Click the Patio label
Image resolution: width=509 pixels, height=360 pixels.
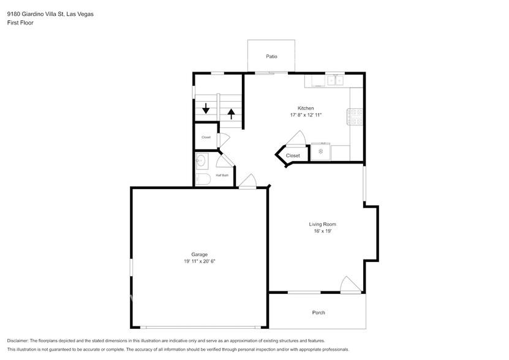pos(271,56)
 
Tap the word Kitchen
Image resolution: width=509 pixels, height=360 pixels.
pos(306,108)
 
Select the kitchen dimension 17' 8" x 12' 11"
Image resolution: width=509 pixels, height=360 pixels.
pos(306,115)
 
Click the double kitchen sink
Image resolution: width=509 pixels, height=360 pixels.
pos(335,80)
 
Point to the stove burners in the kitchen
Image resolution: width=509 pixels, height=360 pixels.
pos(356,116)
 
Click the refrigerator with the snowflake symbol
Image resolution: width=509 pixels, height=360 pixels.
pos(320,152)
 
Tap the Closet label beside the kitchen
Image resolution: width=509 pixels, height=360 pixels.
pos(293,156)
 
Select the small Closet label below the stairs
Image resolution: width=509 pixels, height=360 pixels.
pos(206,137)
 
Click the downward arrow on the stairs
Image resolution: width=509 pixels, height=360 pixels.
pos(206,109)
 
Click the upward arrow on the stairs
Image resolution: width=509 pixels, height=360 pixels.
pos(231,113)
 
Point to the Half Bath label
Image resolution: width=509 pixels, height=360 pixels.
pos(222,176)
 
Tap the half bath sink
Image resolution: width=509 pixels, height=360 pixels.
pos(200,162)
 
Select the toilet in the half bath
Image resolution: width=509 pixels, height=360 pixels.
pos(203,178)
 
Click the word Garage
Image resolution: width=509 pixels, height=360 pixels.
pos(199,254)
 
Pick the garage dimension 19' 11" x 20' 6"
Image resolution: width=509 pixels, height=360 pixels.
pos(199,261)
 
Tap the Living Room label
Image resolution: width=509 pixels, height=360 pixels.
pos(322,224)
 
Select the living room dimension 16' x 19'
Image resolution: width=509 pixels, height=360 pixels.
pos(322,231)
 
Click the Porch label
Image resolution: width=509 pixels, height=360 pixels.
pos(319,312)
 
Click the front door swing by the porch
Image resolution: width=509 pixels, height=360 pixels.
pos(349,285)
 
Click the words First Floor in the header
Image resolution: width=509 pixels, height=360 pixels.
pos(20,23)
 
